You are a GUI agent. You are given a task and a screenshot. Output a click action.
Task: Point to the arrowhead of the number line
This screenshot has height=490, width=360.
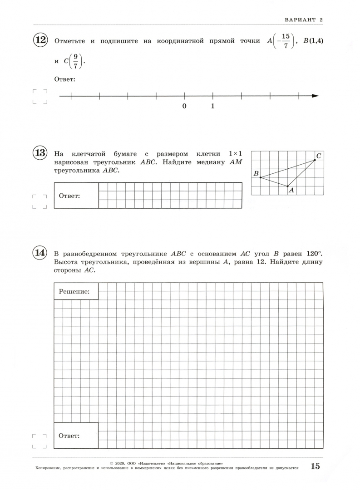315,96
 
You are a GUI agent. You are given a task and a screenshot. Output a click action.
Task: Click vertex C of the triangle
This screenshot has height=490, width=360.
315,159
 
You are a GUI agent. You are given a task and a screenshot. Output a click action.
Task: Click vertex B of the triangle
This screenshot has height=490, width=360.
260,177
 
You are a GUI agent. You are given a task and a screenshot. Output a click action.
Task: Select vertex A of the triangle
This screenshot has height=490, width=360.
287,186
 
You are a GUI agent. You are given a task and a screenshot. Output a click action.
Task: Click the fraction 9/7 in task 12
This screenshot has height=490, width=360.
76,61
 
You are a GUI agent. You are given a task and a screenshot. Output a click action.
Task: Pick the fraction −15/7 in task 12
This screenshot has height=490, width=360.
283,41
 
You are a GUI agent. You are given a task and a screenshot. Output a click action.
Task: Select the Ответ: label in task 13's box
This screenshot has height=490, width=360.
69,196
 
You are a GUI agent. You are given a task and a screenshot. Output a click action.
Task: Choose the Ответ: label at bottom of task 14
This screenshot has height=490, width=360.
69,436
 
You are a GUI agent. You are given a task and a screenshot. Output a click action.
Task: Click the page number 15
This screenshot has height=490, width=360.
315,466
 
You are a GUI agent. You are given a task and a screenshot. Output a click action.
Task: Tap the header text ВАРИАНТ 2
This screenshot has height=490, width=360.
303,20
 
